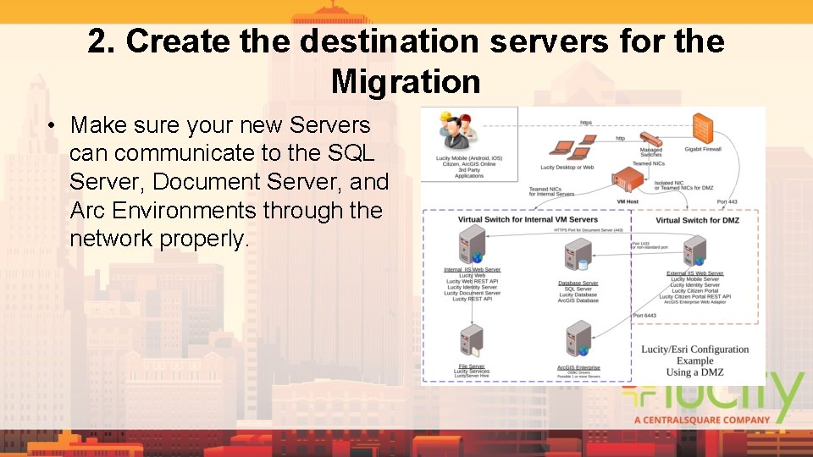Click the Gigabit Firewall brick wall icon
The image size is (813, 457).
tap(702, 129)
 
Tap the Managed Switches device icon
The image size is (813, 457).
tap(650, 138)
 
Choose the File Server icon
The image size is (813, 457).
tap(471, 340)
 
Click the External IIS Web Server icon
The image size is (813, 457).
tap(694, 251)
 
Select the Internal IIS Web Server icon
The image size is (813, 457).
tap(471, 248)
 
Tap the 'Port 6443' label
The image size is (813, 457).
tap(644, 316)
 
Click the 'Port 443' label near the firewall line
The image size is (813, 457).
tap(727, 201)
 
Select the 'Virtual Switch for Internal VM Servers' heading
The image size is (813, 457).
tap(528, 219)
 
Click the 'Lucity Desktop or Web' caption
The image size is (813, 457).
tap(567, 168)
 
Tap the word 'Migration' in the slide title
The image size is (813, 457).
tap(406, 82)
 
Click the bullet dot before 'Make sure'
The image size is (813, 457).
tap(52, 126)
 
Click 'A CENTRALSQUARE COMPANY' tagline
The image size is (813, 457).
tap(702, 419)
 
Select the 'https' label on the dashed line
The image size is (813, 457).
tap(586, 122)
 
